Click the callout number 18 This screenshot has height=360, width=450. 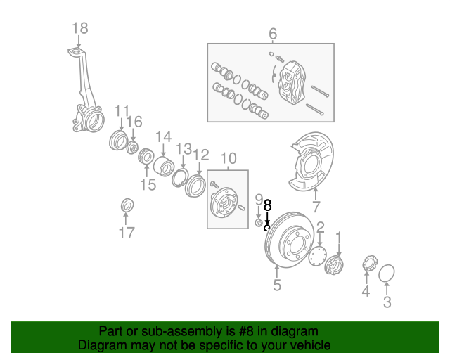coord(80,28)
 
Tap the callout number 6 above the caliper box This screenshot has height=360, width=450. coord(273,33)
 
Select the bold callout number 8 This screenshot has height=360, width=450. coord(267,206)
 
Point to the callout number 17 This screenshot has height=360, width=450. coord(127,233)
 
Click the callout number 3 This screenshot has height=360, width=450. coord(387,303)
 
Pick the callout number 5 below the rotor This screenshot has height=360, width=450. coord(277,285)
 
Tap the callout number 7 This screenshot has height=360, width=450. coord(316,207)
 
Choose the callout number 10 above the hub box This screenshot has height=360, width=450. coord(229,158)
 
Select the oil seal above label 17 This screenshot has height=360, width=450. coord(127,205)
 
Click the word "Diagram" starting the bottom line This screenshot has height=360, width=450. coord(100,345)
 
